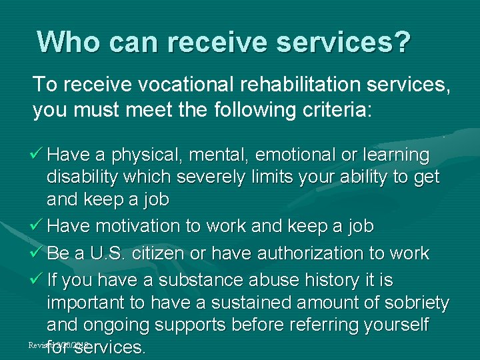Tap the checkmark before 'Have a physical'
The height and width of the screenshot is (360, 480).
pyautogui.click(x=38, y=155)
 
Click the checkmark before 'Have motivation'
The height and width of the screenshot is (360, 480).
pyautogui.click(x=38, y=227)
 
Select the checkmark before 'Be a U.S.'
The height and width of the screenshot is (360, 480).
pyautogui.click(x=38, y=253)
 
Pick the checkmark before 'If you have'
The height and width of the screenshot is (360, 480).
pyautogui.click(x=38, y=278)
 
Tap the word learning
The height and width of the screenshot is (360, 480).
pyautogui.click(x=395, y=155)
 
